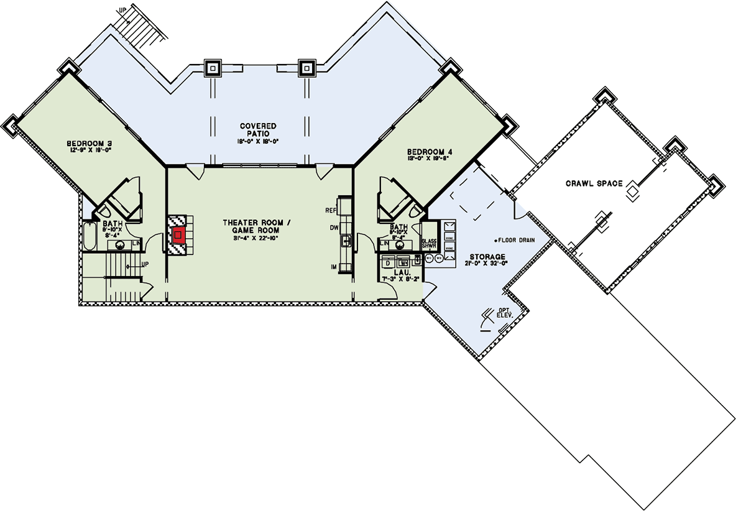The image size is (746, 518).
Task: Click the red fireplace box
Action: [179, 235]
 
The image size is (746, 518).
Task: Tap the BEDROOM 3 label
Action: [88, 144]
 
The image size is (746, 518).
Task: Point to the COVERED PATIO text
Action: [258, 130]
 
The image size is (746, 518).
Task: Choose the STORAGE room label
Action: [487, 256]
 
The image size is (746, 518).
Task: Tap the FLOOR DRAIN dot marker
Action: [496, 239]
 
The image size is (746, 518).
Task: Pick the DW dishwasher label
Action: [333, 228]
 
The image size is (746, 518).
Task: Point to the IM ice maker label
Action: [334, 267]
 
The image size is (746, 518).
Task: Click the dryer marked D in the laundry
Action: [388, 262]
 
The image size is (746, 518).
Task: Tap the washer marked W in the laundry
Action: [403, 262]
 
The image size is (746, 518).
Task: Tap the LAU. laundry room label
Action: [398, 273]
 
